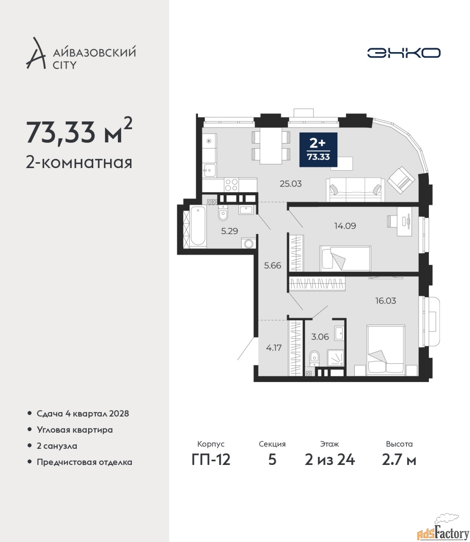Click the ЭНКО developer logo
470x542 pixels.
pos(403,53)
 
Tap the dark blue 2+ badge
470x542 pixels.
pos(318,150)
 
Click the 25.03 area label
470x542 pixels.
pos(290,184)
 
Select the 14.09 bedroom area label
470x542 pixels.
pos(345,226)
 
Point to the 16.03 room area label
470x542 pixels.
pos(386,301)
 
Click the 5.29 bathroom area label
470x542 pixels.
pos(229,231)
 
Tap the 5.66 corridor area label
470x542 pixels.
pos(273,265)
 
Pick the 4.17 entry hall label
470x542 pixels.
pos(274,348)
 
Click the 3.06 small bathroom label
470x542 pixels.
pos(320,337)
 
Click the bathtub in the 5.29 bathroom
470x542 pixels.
pos(198,226)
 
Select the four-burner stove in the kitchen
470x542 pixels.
pos(232,185)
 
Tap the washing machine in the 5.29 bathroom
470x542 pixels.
pos(248,243)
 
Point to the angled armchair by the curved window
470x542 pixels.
pos(401,180)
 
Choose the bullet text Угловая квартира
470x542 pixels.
pos(75,430)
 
